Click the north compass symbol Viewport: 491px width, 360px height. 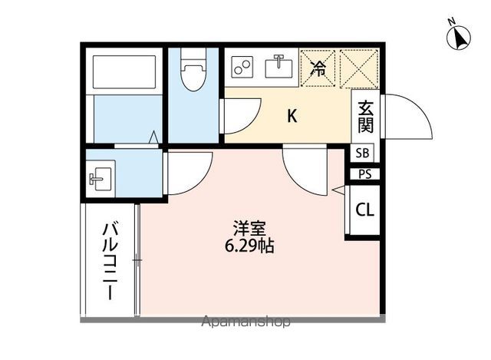coord(459,36)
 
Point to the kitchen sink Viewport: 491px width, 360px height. coord(278,67)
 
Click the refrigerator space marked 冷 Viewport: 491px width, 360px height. coord(318,67)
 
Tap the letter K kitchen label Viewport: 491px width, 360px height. coord(292,117)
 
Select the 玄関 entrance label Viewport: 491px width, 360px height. coord(365,117)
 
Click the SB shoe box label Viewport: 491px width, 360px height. coord(363,152)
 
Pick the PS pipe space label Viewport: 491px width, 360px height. coord(363,173)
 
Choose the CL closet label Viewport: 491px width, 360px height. coord(364,210)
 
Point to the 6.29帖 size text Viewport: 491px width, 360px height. coord(249,247)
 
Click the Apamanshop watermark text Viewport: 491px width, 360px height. coord(245,322)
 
